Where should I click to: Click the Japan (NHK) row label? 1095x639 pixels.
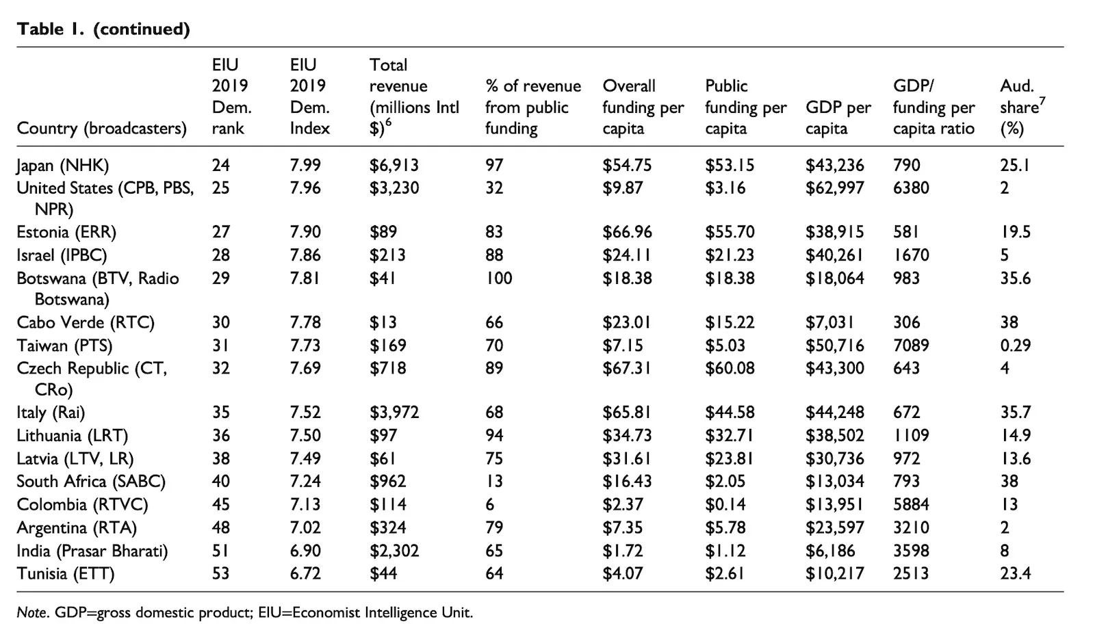(62, 165)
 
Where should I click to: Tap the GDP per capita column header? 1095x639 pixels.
(838, 118)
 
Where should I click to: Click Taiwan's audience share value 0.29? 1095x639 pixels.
(1015, 345)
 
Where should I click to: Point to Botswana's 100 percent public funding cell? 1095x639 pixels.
(498, 278)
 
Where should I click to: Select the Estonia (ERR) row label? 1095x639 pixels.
(66, 232)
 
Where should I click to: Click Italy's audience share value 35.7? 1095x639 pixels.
(1015, 413)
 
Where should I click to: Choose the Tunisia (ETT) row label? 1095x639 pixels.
(66, 574)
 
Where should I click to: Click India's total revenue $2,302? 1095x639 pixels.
(394, 551)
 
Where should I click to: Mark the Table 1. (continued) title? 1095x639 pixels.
(103, 29)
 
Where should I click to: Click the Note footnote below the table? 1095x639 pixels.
(244, 612)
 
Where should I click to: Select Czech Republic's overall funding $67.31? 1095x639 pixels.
(626, 368)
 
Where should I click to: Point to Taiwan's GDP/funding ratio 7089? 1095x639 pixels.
(911, 345)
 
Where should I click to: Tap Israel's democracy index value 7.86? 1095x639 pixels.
(305, 255)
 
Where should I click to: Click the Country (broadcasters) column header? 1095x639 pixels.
(101, 128)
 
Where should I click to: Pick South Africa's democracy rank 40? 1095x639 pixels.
(220, 482)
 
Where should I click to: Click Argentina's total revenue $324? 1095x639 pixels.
(387, 528)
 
